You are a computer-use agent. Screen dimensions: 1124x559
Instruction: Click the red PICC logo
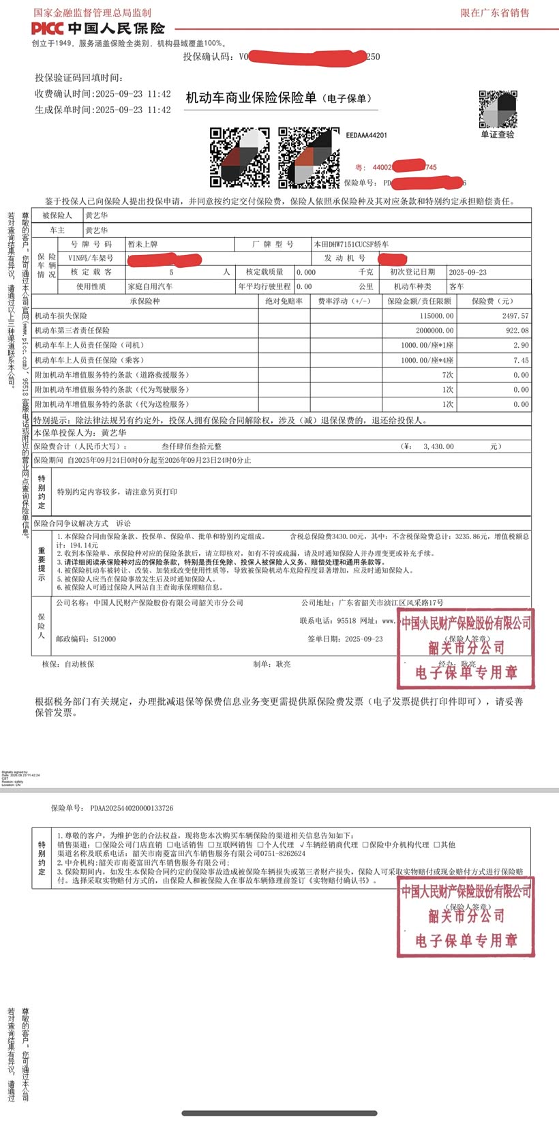[47, 29]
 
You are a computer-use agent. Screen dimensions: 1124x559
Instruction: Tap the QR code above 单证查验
[498, 109]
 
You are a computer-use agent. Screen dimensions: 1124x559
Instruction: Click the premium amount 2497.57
[515, 316]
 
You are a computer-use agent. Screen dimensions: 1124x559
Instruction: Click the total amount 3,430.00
[438, 446]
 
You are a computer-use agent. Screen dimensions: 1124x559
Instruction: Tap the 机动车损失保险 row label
[61, 316]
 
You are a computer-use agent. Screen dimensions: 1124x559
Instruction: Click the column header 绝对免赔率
[284, 301]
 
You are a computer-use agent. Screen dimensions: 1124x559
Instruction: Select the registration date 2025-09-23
[468, 272]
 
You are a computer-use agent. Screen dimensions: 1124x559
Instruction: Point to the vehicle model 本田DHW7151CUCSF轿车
[351, 244]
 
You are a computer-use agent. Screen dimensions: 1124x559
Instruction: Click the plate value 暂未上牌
[142, 244]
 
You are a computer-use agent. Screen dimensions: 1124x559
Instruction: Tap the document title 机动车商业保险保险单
[251, 98]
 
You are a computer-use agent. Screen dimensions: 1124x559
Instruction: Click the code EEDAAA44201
[366, 136]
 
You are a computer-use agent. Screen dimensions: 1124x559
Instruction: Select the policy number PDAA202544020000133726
[132, 808]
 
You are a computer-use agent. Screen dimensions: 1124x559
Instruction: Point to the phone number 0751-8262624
[283, 853]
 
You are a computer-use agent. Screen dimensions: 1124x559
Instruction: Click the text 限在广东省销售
[494, 13]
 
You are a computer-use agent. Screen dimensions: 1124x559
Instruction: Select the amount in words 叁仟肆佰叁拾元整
[192, 446]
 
